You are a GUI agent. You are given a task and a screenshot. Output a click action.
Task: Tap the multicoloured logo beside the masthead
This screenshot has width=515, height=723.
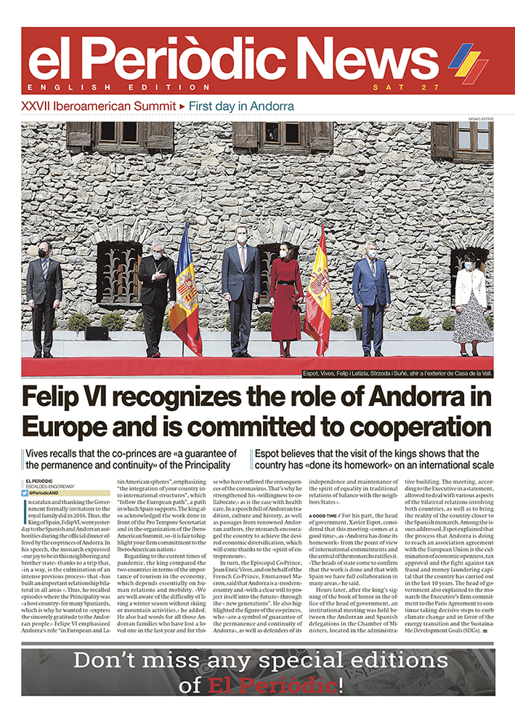tap(468, 63)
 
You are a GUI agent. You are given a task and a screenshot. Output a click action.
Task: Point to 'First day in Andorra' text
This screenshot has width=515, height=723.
tap(241, 106)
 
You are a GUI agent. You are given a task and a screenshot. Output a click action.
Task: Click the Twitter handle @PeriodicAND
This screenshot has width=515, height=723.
tap(46, 492)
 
